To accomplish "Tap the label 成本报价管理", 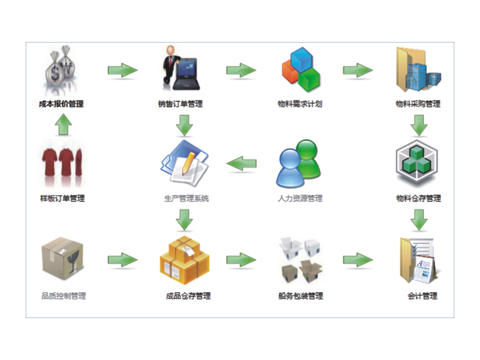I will (x=61, y=104).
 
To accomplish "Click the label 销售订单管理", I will (x=181, y=104).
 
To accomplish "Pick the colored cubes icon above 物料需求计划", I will (x=300, y=69).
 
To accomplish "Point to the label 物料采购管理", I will (x=418, y=104).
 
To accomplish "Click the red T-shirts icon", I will (x=62, y=165).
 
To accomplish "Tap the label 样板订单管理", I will (x=62, y=198).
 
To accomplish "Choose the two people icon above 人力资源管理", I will (x=299, y=166).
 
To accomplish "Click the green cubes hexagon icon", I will (x=419, y=164).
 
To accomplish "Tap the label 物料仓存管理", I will (x=419, y=198).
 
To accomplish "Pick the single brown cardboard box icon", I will (x=63, y=258).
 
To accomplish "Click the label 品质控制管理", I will (x=64, y=296).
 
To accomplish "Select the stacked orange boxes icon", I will (x=184, y=260).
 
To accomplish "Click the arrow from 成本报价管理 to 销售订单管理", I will (x=122, y=70).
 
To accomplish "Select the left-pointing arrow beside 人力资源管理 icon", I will (x=241, y=164).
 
